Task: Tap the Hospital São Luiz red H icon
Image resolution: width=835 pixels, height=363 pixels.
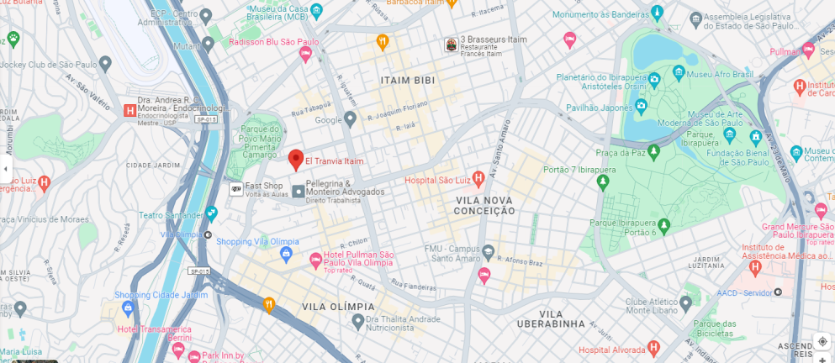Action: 478,178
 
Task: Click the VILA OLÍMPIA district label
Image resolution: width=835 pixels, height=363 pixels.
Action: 336,308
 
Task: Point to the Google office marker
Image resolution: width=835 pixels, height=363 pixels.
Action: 351,119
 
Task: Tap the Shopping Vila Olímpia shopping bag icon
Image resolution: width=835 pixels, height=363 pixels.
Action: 286,253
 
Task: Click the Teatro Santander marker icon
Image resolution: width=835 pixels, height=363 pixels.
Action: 211,213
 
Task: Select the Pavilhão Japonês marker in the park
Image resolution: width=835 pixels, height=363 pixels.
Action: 641,107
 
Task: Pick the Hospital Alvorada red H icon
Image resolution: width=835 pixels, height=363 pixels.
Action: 653,348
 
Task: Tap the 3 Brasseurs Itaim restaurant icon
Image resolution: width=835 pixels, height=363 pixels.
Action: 452,45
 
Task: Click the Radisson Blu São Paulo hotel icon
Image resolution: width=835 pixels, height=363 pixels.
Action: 305,54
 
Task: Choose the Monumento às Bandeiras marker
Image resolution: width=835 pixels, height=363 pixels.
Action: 657,13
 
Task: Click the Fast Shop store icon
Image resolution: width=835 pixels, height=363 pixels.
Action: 236,189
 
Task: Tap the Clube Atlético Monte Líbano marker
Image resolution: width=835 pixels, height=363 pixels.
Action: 685,302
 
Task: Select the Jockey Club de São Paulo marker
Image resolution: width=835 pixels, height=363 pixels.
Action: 105,64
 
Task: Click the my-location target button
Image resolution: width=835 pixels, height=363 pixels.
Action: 822,341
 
